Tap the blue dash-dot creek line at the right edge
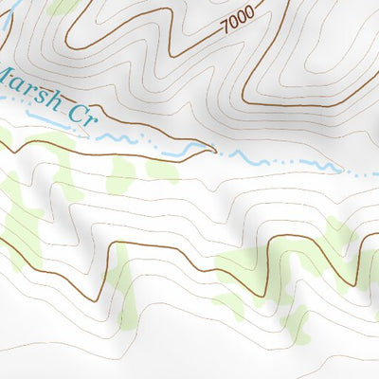click(x=365, y=175)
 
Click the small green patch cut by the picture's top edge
click(x=63, y=6)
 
